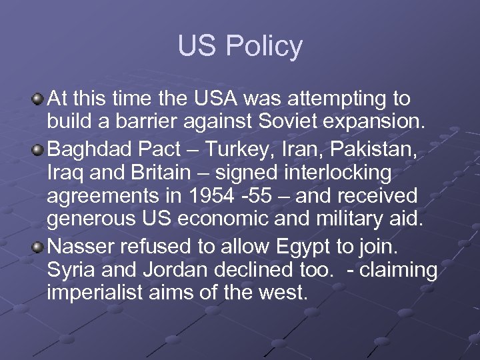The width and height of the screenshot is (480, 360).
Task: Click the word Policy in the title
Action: pyautogui.click(x=264, y=47)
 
